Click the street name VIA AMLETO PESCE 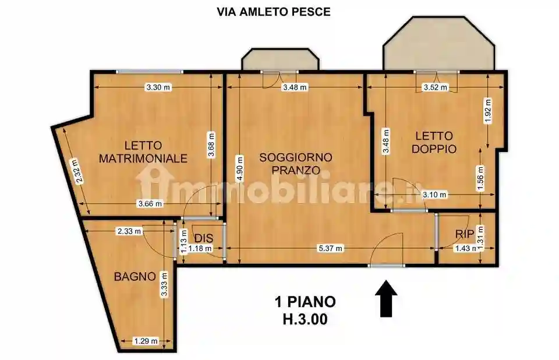tap(273, 12)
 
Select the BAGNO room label tap(135, 276)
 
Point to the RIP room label tap(464, 234)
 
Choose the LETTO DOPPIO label tap(434, 142)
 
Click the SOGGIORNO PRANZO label tap(296, 164)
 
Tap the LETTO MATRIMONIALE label tap(143, 151)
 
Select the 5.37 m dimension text tap(330, 249)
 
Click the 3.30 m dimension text tap(158, 87)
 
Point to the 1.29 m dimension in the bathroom tap(145, 341)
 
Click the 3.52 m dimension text tap(435, 87)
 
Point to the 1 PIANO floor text tap(305, 302)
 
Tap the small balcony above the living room tap(280, 60)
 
